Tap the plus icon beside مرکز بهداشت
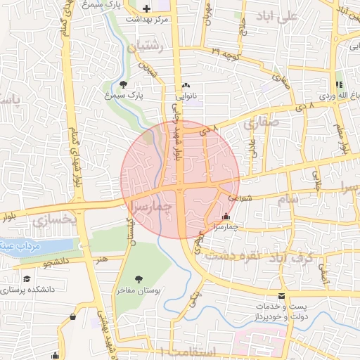[x=146, y=8]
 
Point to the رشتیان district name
[x=146, y=48]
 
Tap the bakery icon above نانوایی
[x=186, y=86]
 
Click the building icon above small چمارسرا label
[x=225, y=217]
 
